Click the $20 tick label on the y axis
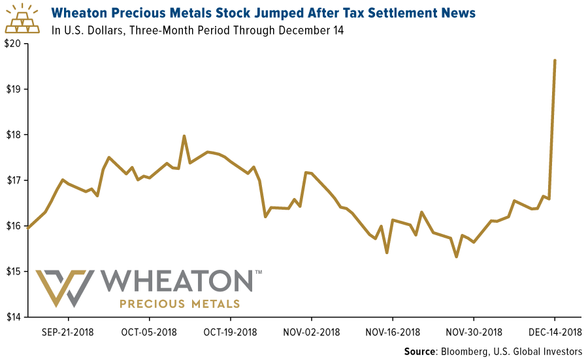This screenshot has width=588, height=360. (x=13, y=44)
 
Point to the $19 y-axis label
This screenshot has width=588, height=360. (x=13, y=89)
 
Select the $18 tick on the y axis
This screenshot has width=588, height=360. (x=13, y=135)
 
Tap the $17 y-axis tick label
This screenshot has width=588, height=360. (x=13, y=180)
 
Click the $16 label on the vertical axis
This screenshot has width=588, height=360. (x=13, y=226)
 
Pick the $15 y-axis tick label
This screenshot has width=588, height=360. (x=13, y=271)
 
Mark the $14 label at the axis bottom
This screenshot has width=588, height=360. (x=13, y=317)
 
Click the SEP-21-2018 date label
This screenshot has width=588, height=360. (x=67, y=331)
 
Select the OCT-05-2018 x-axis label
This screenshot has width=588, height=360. (x=148, y=331)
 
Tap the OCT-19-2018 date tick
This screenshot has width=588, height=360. (x=230, y=331)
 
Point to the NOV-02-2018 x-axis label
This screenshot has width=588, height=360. (x=312, y=331)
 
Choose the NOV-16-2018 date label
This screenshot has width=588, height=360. (x=393, y=331)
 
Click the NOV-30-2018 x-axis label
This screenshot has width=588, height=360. (x=474, y=331)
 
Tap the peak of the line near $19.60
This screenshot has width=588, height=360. (x=555, y=60)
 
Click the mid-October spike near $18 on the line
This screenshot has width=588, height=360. (x=184, y=136)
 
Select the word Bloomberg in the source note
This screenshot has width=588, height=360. (x=466, y=352)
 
